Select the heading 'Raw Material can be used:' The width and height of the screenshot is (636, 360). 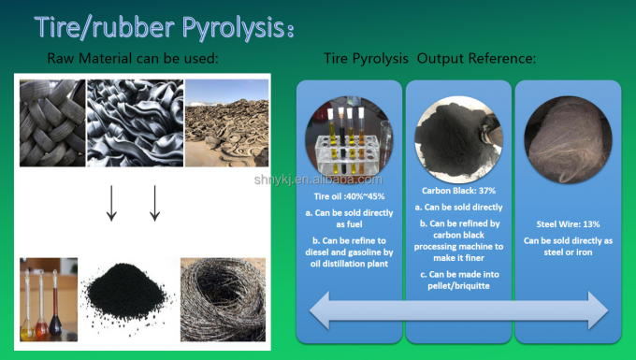[133, 60]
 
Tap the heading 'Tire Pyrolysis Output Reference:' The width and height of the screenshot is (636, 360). [430, 59]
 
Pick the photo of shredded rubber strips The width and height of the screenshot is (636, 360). [135, 122]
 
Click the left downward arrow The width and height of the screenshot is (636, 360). [111, 203]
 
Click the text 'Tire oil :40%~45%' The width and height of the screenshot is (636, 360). [349, 196]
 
